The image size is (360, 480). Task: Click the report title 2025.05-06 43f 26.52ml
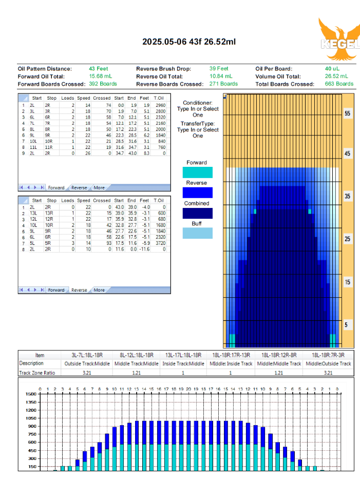pos(189,42)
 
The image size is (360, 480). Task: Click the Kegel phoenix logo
pos(339,39)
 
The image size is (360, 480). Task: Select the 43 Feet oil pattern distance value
pos(98,69)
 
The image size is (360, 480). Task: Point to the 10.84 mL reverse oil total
pos(221,76)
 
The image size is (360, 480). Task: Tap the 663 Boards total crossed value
pos(339,84)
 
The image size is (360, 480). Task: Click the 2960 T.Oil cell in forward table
pos(160,105)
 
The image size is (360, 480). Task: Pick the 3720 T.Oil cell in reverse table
pos(160,243)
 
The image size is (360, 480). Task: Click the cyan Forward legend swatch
pos(197,172)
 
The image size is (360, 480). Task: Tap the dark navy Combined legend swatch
pos(197,213)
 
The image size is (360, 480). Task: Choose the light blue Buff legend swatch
pos(197,233)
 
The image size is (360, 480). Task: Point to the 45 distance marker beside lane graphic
pos(347,153)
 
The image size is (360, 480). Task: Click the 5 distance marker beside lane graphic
pos(346,325)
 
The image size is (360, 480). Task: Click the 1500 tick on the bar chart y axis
pos(31,394)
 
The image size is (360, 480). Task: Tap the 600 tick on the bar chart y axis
pos(32,442)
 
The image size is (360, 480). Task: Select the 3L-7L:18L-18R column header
pos(87,355)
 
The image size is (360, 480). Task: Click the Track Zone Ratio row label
pos(37,373)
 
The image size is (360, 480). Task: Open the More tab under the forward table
pos(99,188)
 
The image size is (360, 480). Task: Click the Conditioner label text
pos(197,103)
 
